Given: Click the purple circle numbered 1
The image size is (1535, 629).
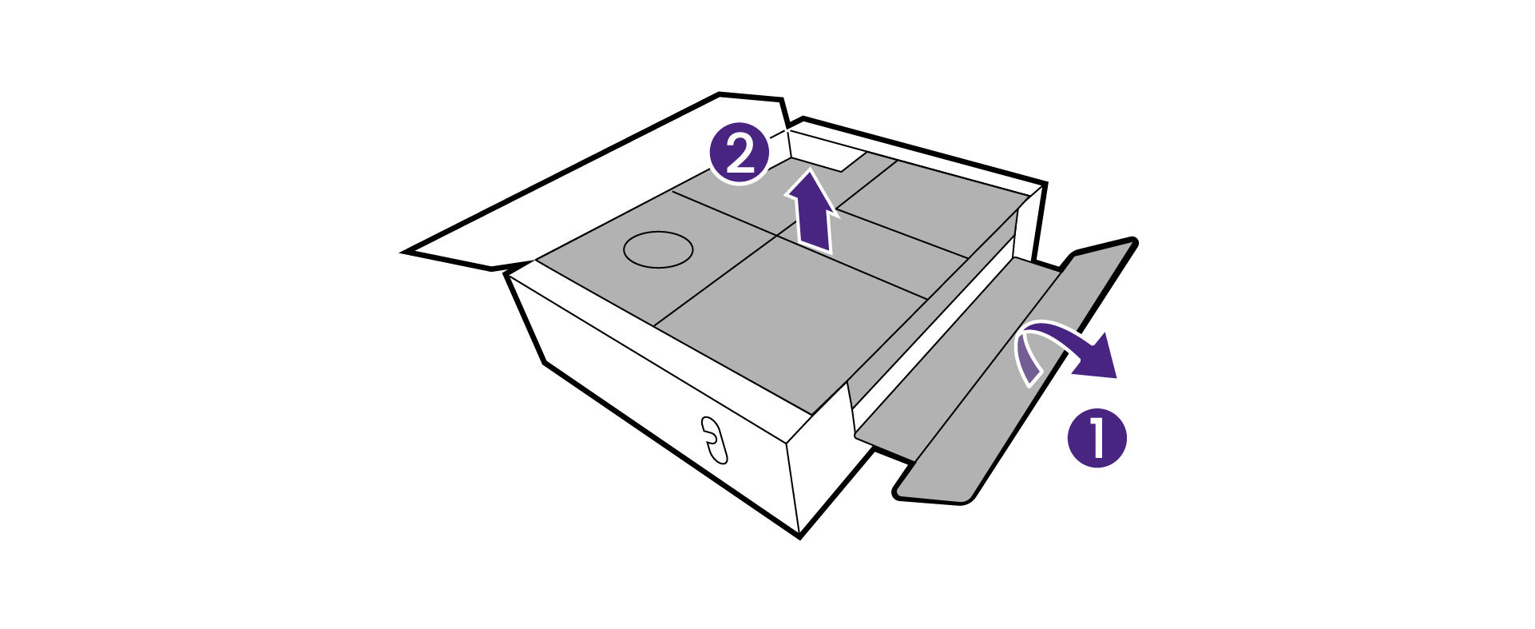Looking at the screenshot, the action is (1097, 438).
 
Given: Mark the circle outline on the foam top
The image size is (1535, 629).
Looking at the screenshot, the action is (657, 249).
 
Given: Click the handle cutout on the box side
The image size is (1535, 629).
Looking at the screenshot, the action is (712, 440).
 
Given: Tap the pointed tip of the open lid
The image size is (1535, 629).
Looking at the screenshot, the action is (404, 252).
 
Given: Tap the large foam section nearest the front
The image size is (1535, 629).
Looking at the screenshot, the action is (791, 320).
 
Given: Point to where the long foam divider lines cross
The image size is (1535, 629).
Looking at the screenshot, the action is (778, 236).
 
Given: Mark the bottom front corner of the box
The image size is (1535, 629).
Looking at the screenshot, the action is (800, 536).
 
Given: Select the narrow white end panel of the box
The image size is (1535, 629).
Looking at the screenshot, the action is (823, 464).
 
